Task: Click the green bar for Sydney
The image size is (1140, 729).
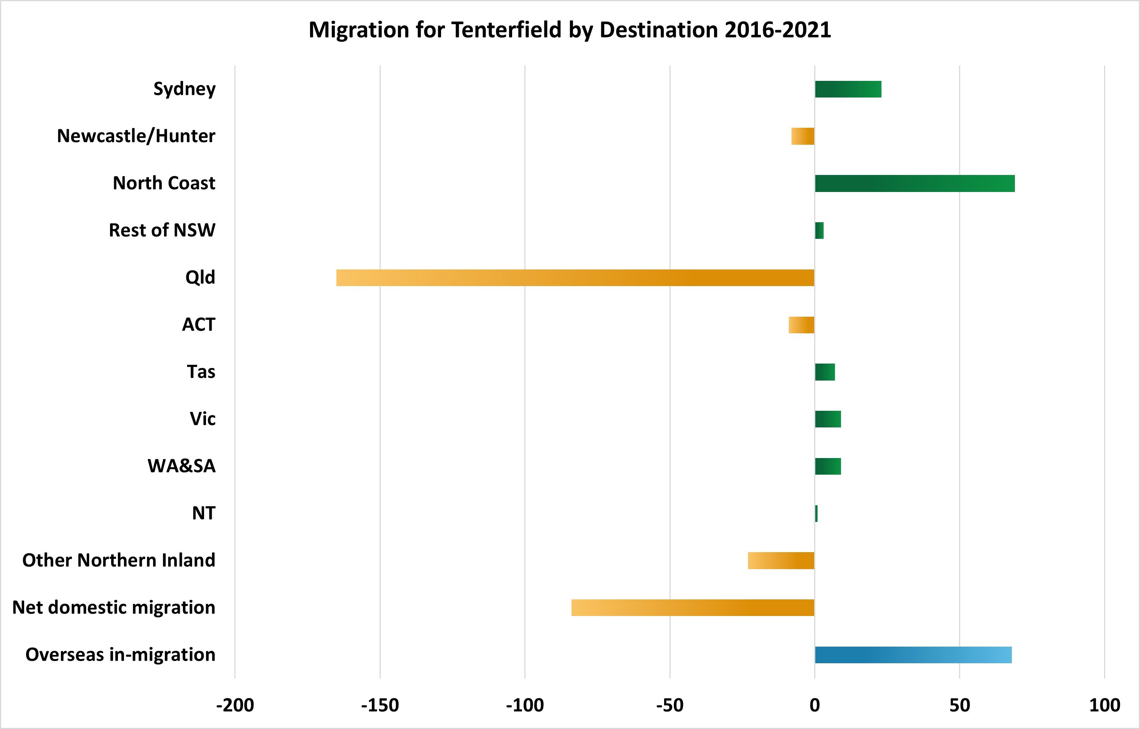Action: click(x=848, y=89)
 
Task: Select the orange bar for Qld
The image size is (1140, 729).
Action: click(x=575, y=278)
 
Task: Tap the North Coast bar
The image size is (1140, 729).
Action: click(x=915, y=183)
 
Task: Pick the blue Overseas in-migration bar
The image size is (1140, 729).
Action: click(x=913, y=655)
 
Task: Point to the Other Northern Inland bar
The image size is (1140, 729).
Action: click(x=781, y=560)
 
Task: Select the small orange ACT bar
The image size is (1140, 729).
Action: click(x=801, y=325)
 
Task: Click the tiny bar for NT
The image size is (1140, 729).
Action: click(x=816, y=514)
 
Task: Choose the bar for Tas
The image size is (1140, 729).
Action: click(x=825, y=372)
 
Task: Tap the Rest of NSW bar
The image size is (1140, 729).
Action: click(x=819, y=231)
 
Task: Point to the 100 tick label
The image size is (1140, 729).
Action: click(x=1104, y=705)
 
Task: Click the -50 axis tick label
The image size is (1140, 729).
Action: click(x=669, y=705)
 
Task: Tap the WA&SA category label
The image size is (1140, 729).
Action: click(x=182, y=466)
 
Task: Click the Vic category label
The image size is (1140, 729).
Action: click(x=203, y=419)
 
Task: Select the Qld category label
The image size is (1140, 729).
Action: click(x=200, y=277)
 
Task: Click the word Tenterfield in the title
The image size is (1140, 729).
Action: click(x=506, y=30)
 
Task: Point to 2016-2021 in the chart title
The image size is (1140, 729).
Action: click(x=778, y=30)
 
